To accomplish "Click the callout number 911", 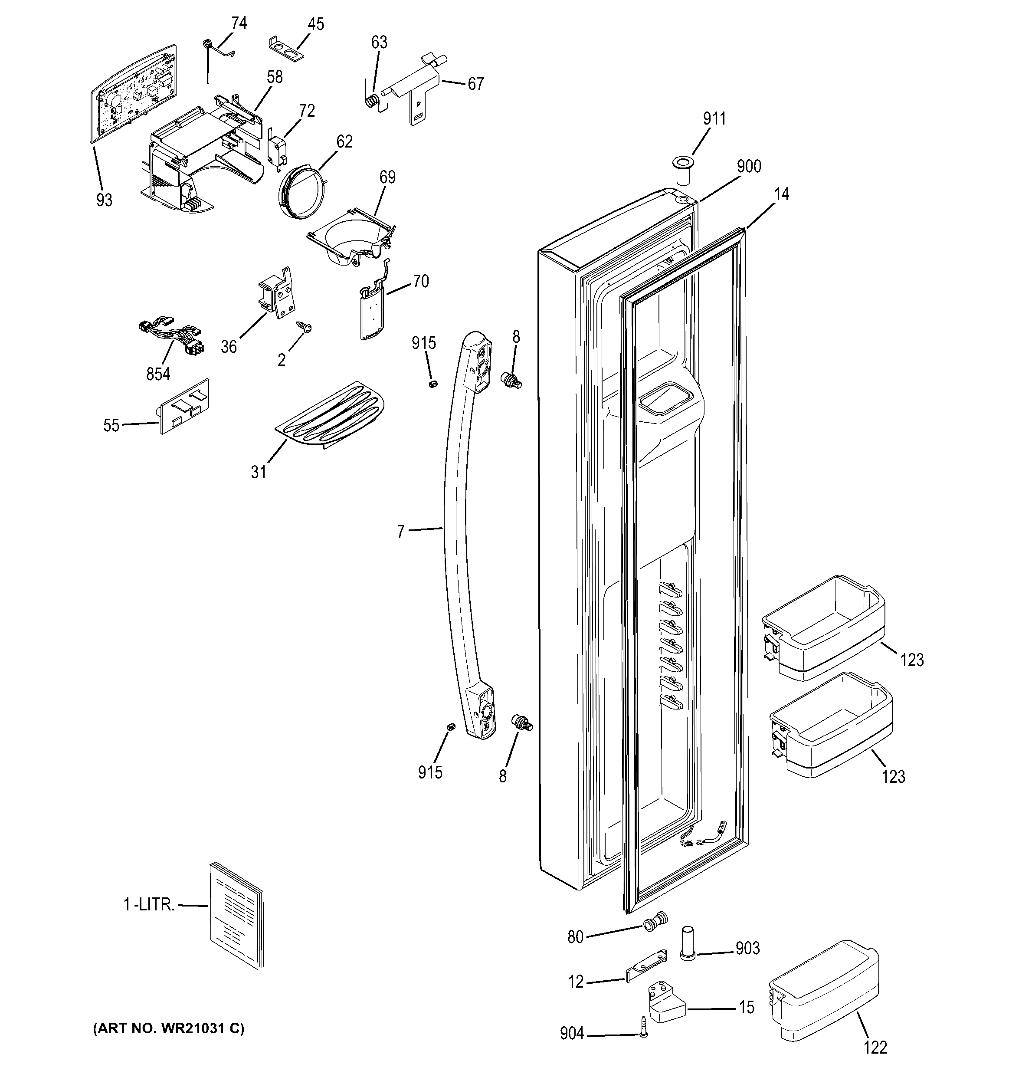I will click(x=714, y=118).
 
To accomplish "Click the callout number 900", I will click(x=749, y=166).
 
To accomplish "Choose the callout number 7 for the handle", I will click(x=400, y=532).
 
